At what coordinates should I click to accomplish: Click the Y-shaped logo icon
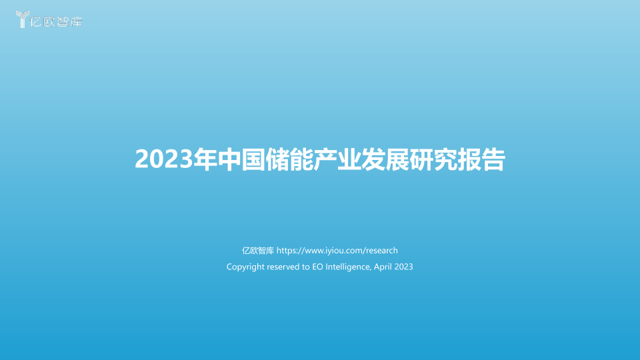click(x=23, y=19)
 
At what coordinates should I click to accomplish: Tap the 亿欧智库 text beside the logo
click(x=56, y=21)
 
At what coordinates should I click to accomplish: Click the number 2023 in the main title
click(x=164, y=159)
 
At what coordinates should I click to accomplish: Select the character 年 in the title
click(x=205, y=159)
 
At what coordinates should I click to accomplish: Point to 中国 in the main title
click(x=241, y=159)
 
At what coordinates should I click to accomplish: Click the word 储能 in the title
click(x=289, y=159)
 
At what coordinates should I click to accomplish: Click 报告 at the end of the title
click(x=481, y=159)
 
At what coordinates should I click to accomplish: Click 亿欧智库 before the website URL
click(x=258, y=251)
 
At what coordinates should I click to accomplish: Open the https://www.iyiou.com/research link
click(x=337, y=251)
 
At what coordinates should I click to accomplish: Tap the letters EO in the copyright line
click(x=317, y=267)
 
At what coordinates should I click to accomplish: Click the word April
click(x=383, y=267)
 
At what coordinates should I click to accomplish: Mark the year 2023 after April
click(x=404, y=267)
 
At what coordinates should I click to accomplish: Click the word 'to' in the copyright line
click(x=306, y=267)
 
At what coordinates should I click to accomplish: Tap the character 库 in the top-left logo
click(x=77, y=21)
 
